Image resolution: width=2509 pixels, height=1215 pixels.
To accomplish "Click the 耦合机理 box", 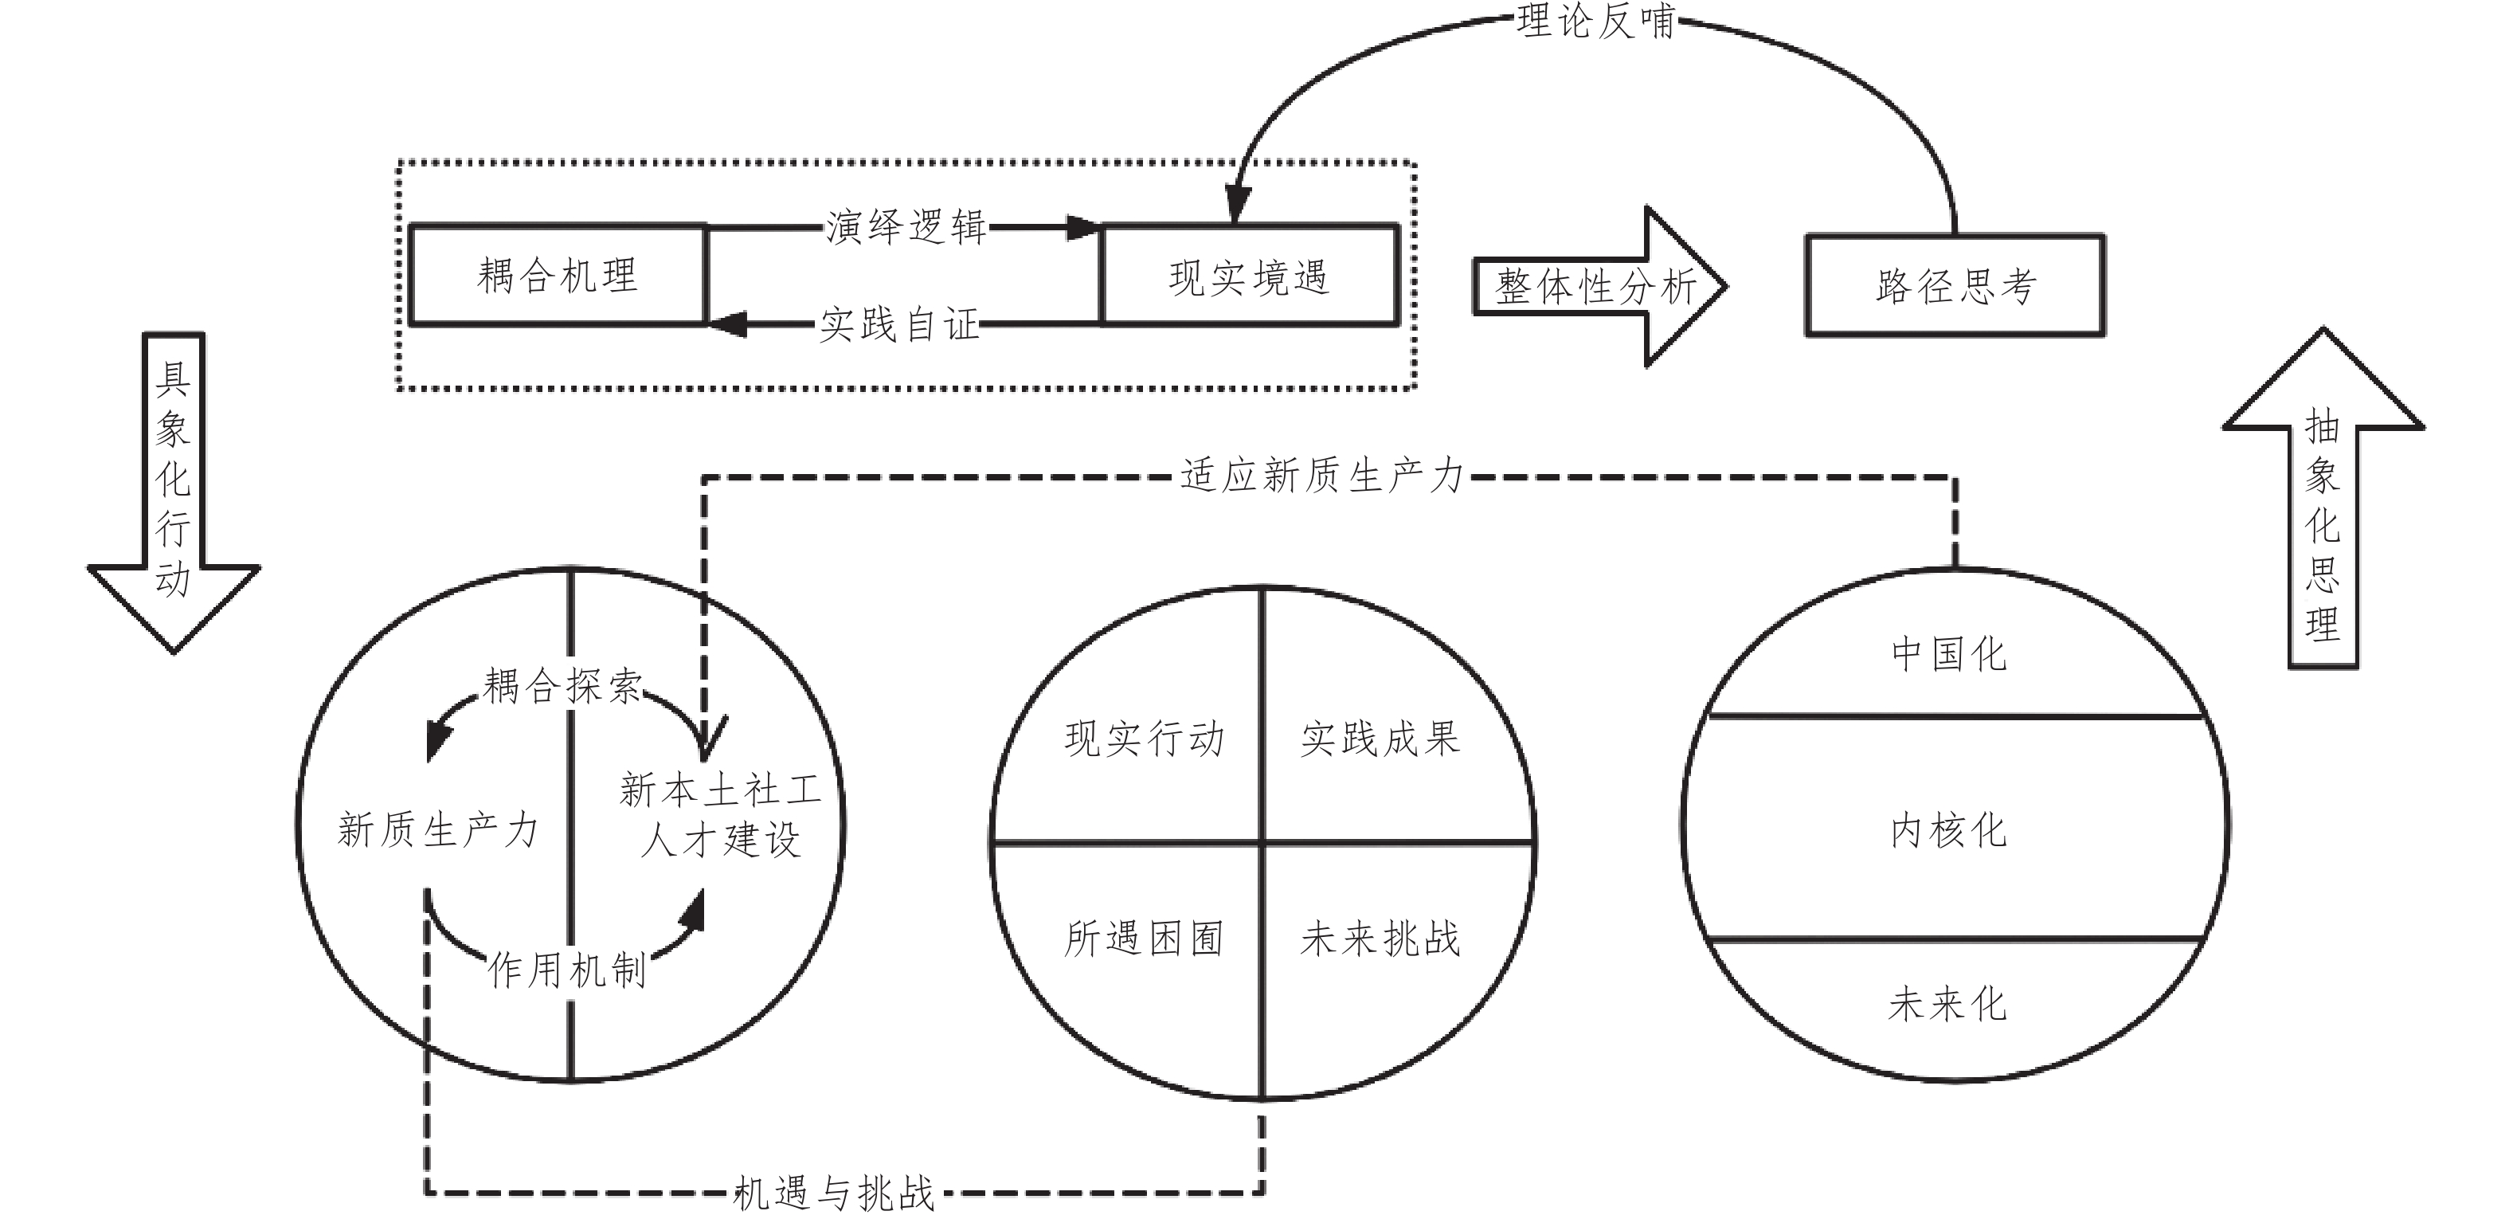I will coord(557,276).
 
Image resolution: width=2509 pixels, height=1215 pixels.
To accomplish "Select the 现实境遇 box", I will coord(1249,276).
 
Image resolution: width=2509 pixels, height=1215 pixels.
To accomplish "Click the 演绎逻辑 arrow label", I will coord(906,227).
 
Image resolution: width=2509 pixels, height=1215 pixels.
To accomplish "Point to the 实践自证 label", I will coord(898,324).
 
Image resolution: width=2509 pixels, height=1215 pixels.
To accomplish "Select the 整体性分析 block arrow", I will coord(1597,288).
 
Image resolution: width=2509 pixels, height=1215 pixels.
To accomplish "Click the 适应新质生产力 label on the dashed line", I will coord(1321,476).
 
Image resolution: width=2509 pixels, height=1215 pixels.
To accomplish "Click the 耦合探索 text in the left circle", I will coord(563,686).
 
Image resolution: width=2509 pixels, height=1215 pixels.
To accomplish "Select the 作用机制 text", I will coord(567,970).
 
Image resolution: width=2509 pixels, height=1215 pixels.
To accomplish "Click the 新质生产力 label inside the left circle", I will coord(437,830).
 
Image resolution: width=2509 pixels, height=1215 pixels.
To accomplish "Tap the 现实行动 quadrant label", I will coord(1145,739).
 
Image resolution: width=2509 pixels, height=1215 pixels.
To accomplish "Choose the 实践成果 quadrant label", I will coord(1380,739).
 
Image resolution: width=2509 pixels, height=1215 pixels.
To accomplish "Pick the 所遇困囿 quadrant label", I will coord(1145,939).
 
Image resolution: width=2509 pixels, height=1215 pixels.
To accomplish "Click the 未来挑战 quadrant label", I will coord(1380,939).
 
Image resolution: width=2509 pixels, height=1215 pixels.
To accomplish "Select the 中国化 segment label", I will coord(1949,654).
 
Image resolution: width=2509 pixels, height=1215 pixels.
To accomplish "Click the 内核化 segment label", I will coord(1949,830).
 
